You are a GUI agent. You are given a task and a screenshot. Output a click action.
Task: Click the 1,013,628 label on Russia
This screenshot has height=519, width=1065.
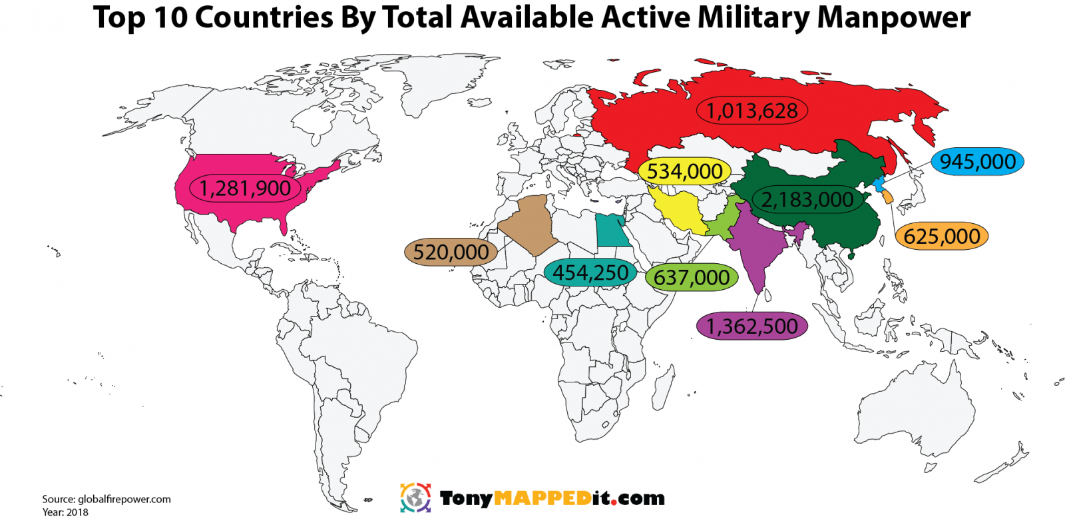(751, 111)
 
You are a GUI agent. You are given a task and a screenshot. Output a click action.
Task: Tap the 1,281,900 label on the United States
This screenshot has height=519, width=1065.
(245, 189)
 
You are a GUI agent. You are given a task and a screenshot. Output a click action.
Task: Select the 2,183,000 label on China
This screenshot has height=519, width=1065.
(807, 199)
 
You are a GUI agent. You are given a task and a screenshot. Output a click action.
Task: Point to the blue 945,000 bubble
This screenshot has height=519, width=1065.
(977, 162)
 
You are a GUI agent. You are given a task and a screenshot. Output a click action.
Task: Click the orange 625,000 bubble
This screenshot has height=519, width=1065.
(941, 237)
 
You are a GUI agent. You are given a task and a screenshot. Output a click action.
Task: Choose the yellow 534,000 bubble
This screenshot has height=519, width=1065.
(684, 171)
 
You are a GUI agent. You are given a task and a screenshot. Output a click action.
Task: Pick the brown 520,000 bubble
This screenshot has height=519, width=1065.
(451, 252)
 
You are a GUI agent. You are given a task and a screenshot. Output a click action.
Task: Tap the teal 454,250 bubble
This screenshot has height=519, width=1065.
(590, 272)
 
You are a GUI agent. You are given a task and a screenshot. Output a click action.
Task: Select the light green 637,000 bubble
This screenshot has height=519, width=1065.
(692, 277)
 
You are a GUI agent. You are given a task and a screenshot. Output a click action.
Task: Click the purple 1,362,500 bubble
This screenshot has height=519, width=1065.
(751, 326)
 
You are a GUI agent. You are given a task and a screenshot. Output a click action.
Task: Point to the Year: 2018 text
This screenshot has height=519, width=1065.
(65, 512)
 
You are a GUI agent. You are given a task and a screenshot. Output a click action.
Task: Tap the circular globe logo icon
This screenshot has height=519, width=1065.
(415, 498)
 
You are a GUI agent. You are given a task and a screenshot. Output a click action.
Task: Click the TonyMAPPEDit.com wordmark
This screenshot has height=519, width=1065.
(552, 498)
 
